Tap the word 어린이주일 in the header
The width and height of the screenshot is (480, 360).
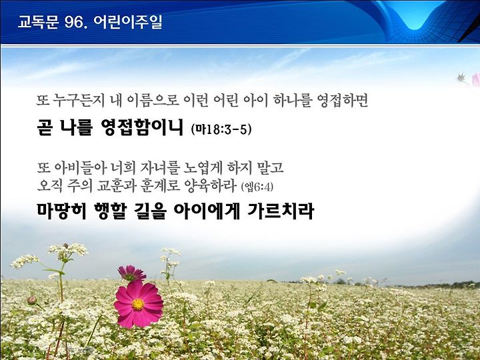127,22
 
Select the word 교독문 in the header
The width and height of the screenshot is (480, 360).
38,22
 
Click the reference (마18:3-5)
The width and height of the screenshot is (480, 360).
221,129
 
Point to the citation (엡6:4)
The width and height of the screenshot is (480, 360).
257,187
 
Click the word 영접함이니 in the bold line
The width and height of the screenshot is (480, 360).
142,127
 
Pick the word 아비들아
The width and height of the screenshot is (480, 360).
80,167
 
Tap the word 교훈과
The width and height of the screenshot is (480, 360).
116,185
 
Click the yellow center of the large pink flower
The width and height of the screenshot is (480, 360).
138,304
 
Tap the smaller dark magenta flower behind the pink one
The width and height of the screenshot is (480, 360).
131,273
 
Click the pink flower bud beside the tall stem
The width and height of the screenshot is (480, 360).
32,300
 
